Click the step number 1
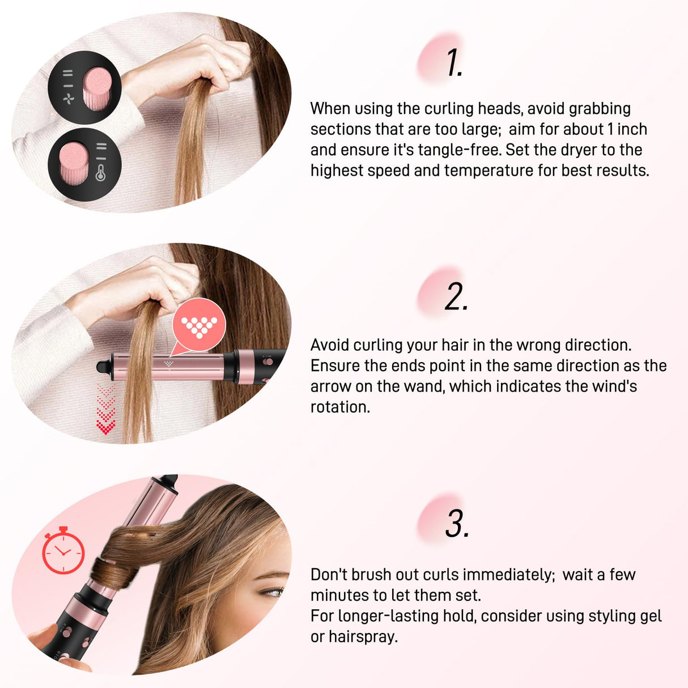(x=455, y=62)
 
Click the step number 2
(x=456, y=297)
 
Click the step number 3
(x=457, y=523)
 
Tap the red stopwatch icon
(x=63, y=551)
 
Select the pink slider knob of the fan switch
(x=97, y=88)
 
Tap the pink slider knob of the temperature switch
(x=73, y=163)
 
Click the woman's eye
(x=273, y=592)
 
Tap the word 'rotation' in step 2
(x=338, y=407)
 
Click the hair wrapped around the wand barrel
(x=116, y=572)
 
